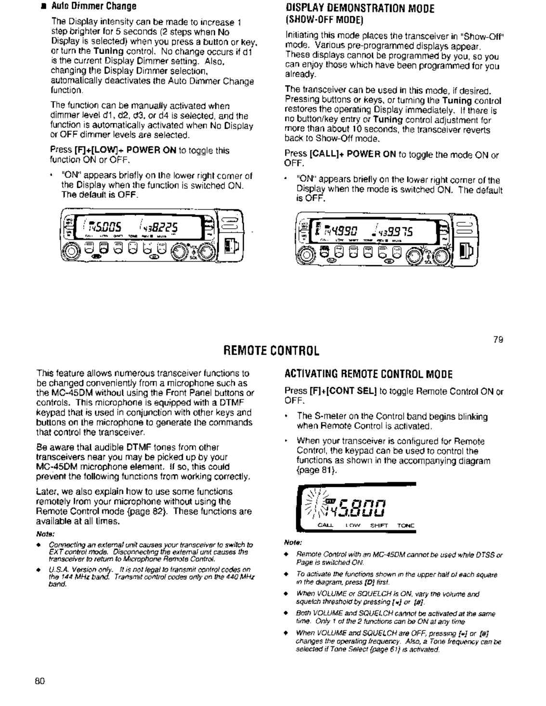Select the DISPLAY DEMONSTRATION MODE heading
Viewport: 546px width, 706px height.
(x=360, y=8)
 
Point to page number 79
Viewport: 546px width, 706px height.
(x=498, y=340)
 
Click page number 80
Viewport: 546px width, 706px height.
(x=39, y=681)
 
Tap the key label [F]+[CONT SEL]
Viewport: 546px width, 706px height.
(x=343, y=392)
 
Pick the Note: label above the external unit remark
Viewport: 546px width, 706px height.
(x=45, y=534)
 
